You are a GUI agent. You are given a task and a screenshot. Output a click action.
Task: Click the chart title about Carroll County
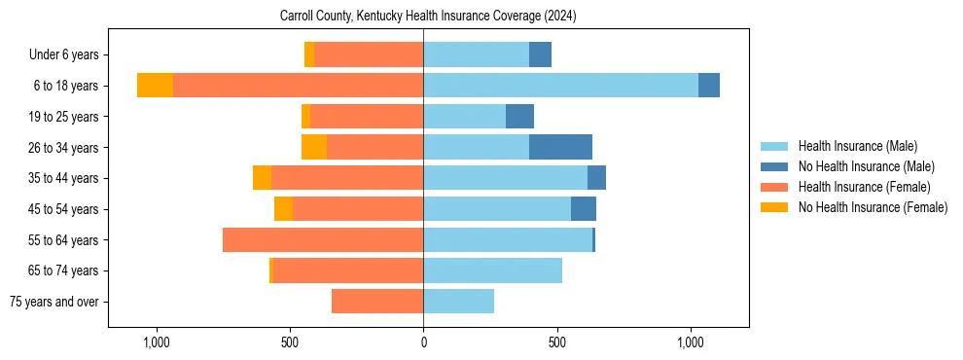428,17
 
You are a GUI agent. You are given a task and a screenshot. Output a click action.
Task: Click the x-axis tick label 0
423,343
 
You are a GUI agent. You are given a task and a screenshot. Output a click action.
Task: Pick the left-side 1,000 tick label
157,343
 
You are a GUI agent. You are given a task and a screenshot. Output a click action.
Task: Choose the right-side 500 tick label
556,343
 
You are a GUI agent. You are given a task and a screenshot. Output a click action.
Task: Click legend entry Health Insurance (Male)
857,146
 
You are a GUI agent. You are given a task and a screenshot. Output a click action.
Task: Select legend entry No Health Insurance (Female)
873,207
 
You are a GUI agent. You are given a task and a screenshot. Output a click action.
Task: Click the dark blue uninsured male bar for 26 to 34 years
560,147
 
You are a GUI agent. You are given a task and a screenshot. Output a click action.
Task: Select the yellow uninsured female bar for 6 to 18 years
155,86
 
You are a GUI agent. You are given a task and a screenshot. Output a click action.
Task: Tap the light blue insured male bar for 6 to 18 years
560,86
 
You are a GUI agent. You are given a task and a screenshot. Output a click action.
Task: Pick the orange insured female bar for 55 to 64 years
323,239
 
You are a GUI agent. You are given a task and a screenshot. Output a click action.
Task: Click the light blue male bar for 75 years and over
458,302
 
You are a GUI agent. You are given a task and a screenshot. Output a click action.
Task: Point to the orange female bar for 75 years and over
377,302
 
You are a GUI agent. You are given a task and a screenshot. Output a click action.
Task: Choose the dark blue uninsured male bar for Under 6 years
540,54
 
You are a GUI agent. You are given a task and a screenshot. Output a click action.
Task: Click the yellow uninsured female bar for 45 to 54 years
283,209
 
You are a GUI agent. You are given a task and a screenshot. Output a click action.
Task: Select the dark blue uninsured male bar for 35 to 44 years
596,178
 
